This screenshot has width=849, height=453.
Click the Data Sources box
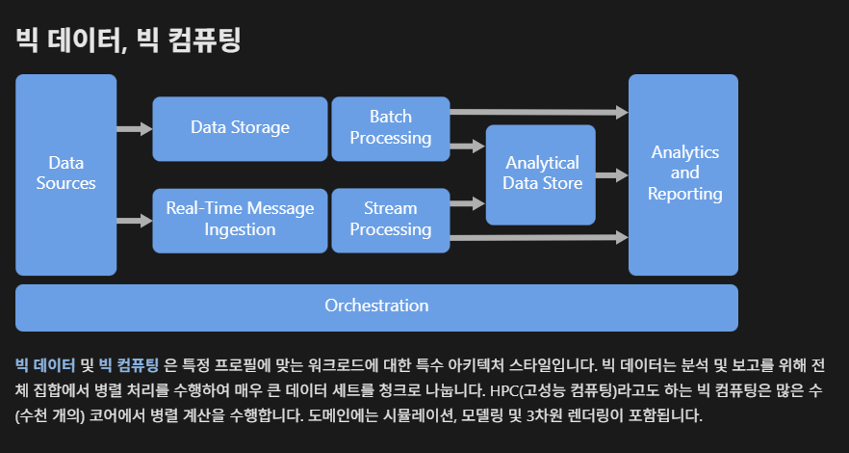pos(65,174)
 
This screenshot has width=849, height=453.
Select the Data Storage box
pos(240,128)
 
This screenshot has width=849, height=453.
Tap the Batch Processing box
pos(390,128)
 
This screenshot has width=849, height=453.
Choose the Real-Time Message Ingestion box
pos(240,220)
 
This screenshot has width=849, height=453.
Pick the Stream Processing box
pos(390,220)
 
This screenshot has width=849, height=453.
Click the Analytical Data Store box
pos(541,174)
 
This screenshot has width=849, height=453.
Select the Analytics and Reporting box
pos(683,174)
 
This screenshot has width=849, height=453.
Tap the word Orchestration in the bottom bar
pos(376,306)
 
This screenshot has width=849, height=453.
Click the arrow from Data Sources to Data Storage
pos(134,128)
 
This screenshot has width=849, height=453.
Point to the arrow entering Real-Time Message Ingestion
pos(134,221)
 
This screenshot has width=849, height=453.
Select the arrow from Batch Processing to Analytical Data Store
pos(467,147)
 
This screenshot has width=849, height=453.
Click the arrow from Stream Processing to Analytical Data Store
pos(467,202)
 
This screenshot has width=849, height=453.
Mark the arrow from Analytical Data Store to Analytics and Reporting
pos(611,175)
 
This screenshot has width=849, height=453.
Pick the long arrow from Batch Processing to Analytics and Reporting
pos(538,113)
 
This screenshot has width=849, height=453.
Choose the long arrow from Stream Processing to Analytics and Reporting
pos(538,236)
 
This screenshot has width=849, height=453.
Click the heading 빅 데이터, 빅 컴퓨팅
pos(128,40)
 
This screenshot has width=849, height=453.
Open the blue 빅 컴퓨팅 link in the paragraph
pos(129,366)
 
